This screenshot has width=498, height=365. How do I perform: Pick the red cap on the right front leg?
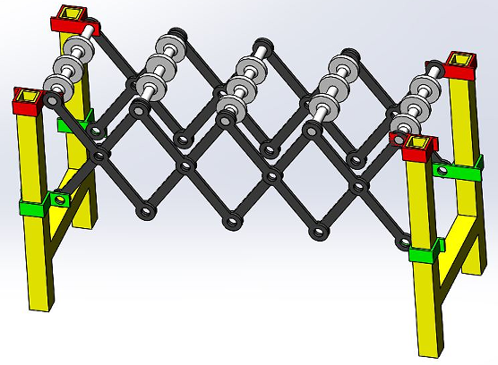pos(417,147)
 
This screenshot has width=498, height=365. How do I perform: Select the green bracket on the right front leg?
pos(425,251)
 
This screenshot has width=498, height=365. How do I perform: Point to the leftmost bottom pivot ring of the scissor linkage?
pos(143,212)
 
